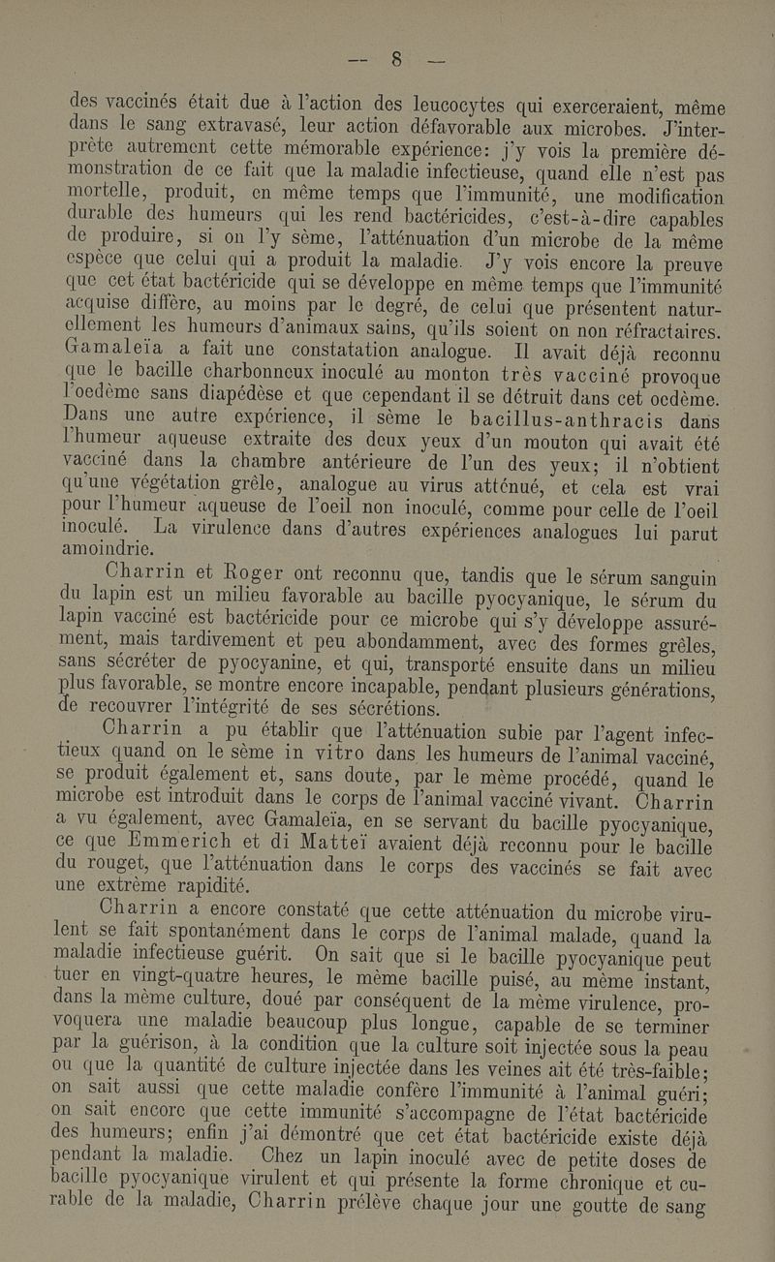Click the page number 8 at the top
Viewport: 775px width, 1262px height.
click(394, 64)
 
